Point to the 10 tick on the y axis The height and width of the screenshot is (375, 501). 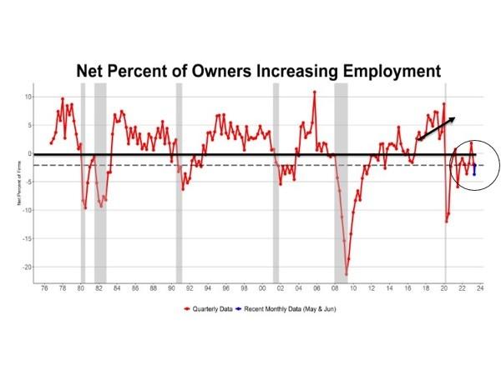[x=27, y=97]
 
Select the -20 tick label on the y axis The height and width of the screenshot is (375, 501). [x=26, y=267]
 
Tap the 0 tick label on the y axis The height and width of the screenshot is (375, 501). [x=28, y=153]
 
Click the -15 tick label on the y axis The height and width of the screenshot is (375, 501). [x=26, y=239]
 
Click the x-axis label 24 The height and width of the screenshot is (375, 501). [x=481, y=289]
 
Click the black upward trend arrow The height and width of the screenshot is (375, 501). [x=436, y=128]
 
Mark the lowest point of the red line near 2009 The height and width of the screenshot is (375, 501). [x=347, y=274]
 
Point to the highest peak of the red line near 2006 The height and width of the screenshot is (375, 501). [x=315, y=92]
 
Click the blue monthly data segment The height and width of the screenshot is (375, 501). [x=474, y=169]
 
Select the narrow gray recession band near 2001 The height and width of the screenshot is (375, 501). [x=276, y=183]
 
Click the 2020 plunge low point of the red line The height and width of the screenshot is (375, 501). [x=447, y=222]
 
